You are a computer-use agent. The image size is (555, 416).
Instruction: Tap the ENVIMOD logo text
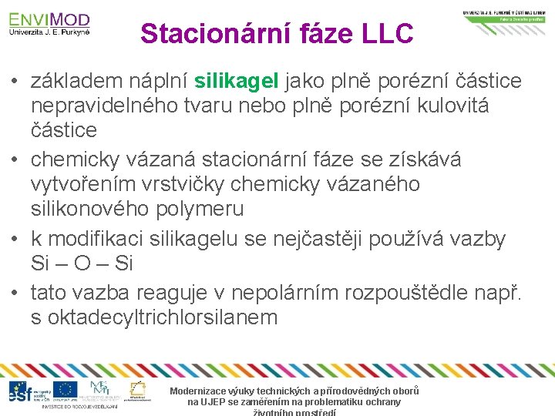click(49, 18)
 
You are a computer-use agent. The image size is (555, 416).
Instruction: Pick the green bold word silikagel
click(238, 80)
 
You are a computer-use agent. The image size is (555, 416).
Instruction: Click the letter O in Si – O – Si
click(82, 263)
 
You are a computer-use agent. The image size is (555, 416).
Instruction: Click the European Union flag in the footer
click(65, 389)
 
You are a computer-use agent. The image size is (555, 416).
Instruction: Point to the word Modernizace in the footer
click(201, 391)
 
